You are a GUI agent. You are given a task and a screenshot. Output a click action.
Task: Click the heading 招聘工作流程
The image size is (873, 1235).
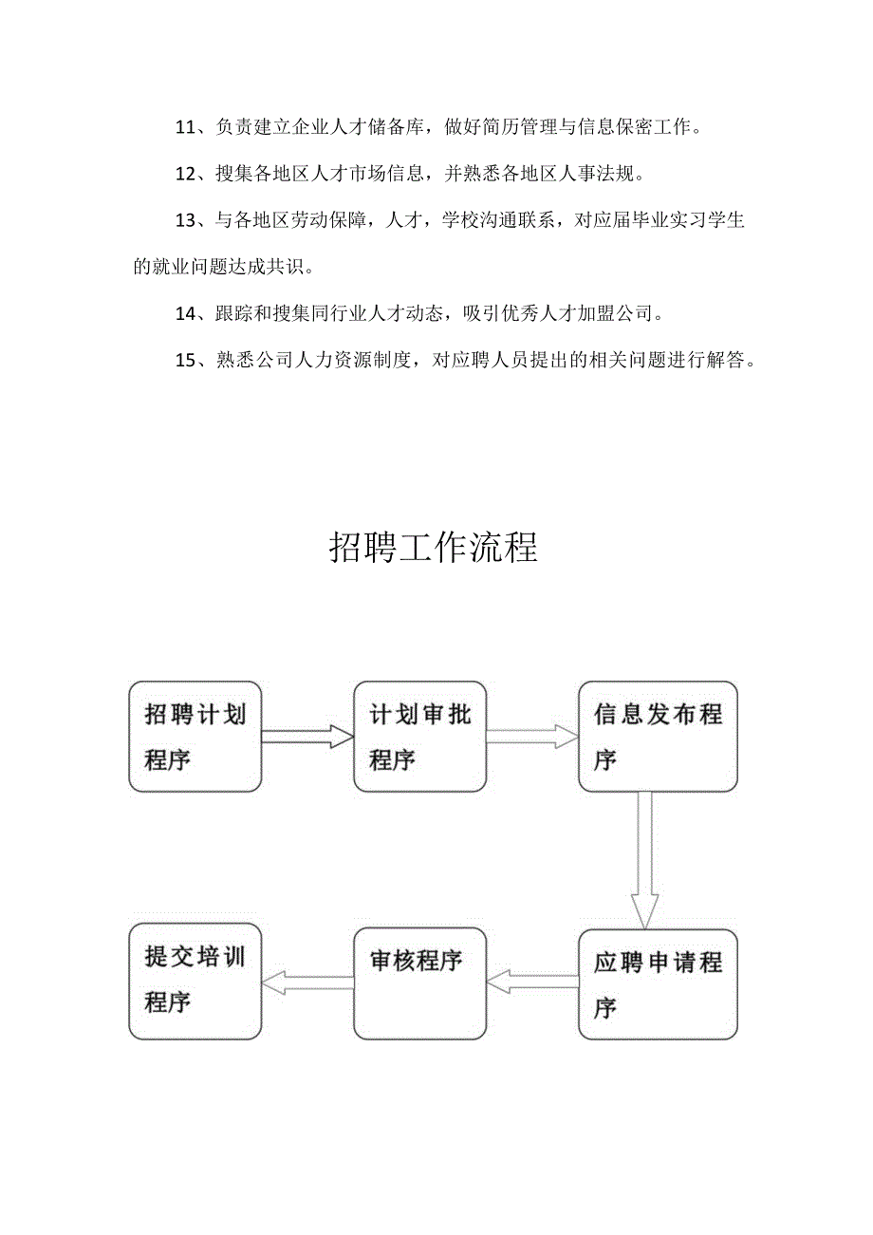click(x=434, y=548)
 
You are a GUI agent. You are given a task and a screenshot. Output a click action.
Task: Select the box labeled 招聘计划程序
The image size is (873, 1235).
click(x=195, y=736)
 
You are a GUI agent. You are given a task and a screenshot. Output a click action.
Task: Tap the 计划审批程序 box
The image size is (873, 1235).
click(x=420, y=736)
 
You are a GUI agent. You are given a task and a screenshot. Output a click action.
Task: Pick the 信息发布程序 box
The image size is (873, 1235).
click(x=658, y=736)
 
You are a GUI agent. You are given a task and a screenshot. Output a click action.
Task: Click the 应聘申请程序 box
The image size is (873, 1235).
click(x=658, y=983)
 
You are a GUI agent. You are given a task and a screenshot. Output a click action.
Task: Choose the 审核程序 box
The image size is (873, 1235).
click(x=420, y=983)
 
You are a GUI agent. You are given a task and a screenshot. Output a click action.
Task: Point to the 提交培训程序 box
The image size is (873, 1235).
click(x=195, y=983)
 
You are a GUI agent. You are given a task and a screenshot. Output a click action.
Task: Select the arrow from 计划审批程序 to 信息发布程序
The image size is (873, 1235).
click(x=531, y=736)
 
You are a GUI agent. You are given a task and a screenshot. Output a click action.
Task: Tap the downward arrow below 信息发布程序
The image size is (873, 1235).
click(x=645, y=859)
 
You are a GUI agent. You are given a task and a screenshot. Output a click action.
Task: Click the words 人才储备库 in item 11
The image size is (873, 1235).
click(x=376, y=127)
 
